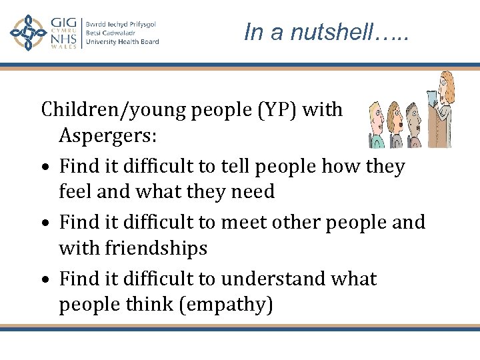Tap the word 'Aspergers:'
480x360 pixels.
click(x=108, y=136)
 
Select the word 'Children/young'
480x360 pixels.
click(x=114, y=109)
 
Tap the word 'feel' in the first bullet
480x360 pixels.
click(x=79, y=192)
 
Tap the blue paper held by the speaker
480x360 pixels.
click(x=433, y=99)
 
